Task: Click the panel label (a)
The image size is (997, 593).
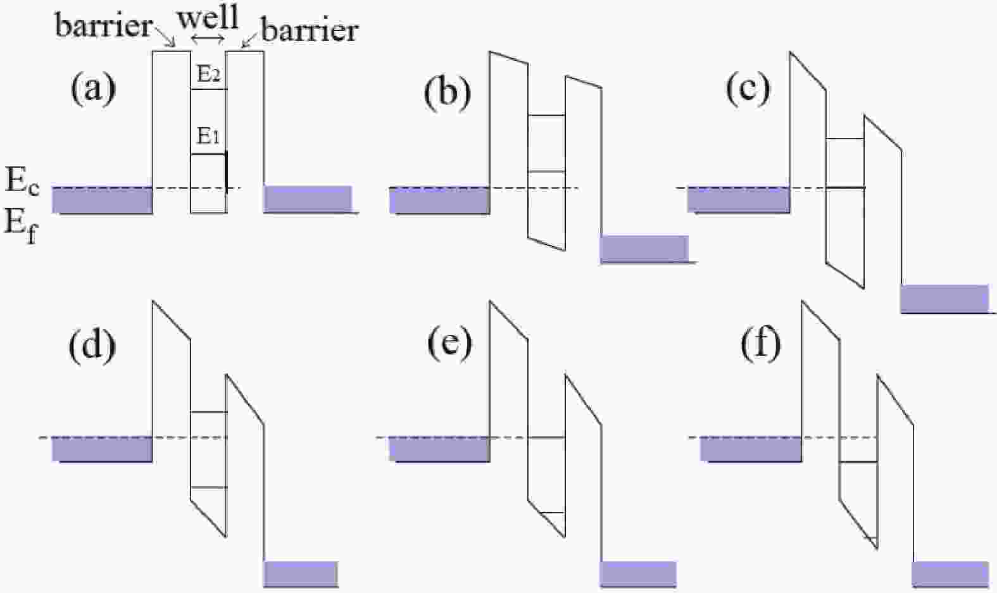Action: [x=93, y=88]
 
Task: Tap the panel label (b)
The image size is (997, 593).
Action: [x=448, y=93]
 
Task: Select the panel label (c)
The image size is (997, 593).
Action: [x=748, y=88]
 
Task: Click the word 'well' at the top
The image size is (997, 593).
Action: [x=208, y=17]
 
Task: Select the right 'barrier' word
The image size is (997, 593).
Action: [x=310, y=30]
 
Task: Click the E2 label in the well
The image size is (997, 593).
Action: [x=208, y=74]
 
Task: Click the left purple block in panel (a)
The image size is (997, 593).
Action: [x=102, y=200]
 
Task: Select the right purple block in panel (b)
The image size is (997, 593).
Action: [x=644, y=248]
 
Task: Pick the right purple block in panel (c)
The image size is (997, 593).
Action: [x=944, y=298]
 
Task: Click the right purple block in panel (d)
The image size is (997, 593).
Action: [x=300, y=573]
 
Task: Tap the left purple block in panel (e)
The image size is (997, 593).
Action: [x=439, y=449]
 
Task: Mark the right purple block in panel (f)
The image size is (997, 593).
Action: [x=950, y=573]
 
